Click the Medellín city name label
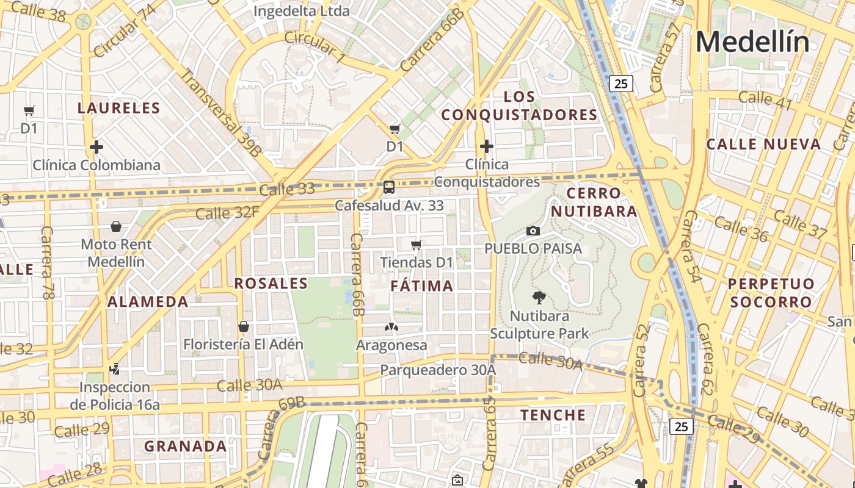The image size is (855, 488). pyautogui.click(x=752, y=42)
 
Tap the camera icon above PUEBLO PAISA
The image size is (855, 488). pyautogui.click(x=533, y=231)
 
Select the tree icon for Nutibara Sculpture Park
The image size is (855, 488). pyautogui.click(x=539, y=298)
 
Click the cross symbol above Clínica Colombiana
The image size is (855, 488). pyautogui.click(x=96, y=147)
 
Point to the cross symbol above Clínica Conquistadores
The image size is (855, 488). pyautogui.click(x=486, y=146)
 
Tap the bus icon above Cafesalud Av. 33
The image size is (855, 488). pyautogui.click(x=389, y=187)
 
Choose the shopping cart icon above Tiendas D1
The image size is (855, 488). pyautogui.click(x=417, y=245)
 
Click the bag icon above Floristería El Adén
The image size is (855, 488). pyautogui.click(x=243, y=326)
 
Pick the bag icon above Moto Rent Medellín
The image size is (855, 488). pyautogui.click(x=116, y=226)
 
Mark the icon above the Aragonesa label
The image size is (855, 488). pyautogui.click(x=391, y=327)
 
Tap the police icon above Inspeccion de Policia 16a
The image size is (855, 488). pyautogui.click(x=114, y=368)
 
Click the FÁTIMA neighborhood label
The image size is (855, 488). pyautogui.click(x=422, y=285)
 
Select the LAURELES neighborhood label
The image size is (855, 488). pyautogui.click(x=118, y=109)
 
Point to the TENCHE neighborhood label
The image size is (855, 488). pyautogui.click(x=553, y=415)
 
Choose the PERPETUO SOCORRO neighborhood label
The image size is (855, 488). pyautogui.click(x=771, y=293)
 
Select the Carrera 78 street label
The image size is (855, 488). pyautogui.click(x=46, y=262)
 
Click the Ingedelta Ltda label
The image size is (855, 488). pyautogui.click(x=301, y=11)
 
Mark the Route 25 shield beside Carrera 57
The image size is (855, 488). pyautogui.click(x=620, y=84)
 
